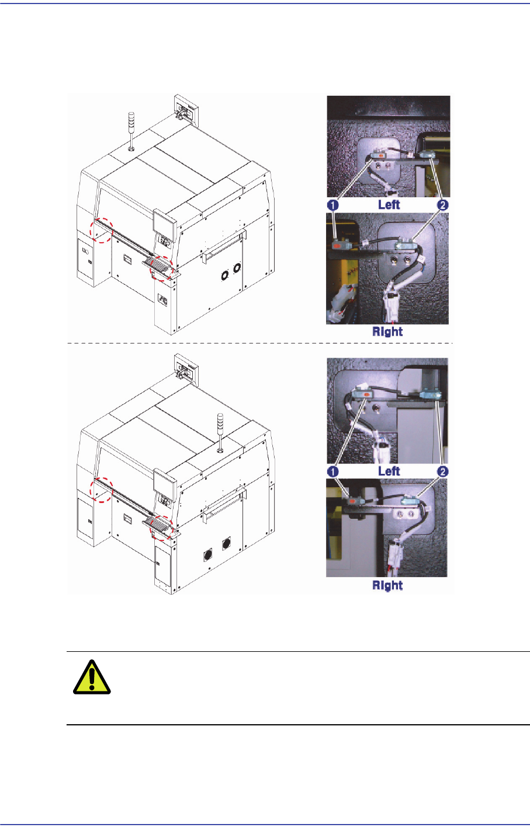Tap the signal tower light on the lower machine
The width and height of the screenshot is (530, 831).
(x=220, y=432)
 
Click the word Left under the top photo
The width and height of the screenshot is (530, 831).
(x=389, y=204)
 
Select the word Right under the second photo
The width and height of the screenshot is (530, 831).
(x=387, y=331)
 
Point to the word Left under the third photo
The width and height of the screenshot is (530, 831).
(x=389, y=471)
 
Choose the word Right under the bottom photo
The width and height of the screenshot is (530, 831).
(x=387, y=585)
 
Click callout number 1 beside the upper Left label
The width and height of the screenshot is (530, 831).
(x=333, y=205)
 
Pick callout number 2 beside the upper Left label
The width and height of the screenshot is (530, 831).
(x=442, y=205)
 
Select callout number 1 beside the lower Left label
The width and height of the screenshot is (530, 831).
(x=333, y=472)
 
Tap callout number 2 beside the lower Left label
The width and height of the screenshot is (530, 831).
(x=442, y=472)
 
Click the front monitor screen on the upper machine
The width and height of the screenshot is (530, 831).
(x=164, y=222)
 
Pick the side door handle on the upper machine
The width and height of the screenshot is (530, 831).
(x=224, y=245)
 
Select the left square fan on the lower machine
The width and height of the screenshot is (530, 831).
(x=208, y=555)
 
